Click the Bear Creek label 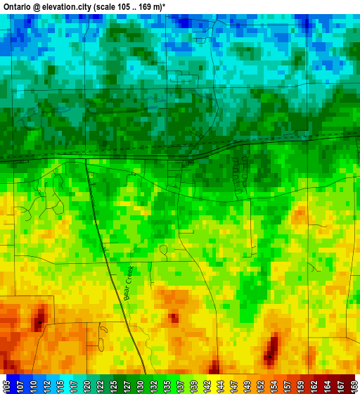[129, 284]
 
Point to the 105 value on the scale [6, 385]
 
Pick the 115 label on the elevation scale [60, 385]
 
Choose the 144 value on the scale [220, 385]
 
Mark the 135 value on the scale [167, 385]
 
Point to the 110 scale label [33, 385]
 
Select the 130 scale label [140, 385]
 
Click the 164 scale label [327, 385]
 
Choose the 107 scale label [20, 385]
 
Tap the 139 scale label [193, 385]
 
